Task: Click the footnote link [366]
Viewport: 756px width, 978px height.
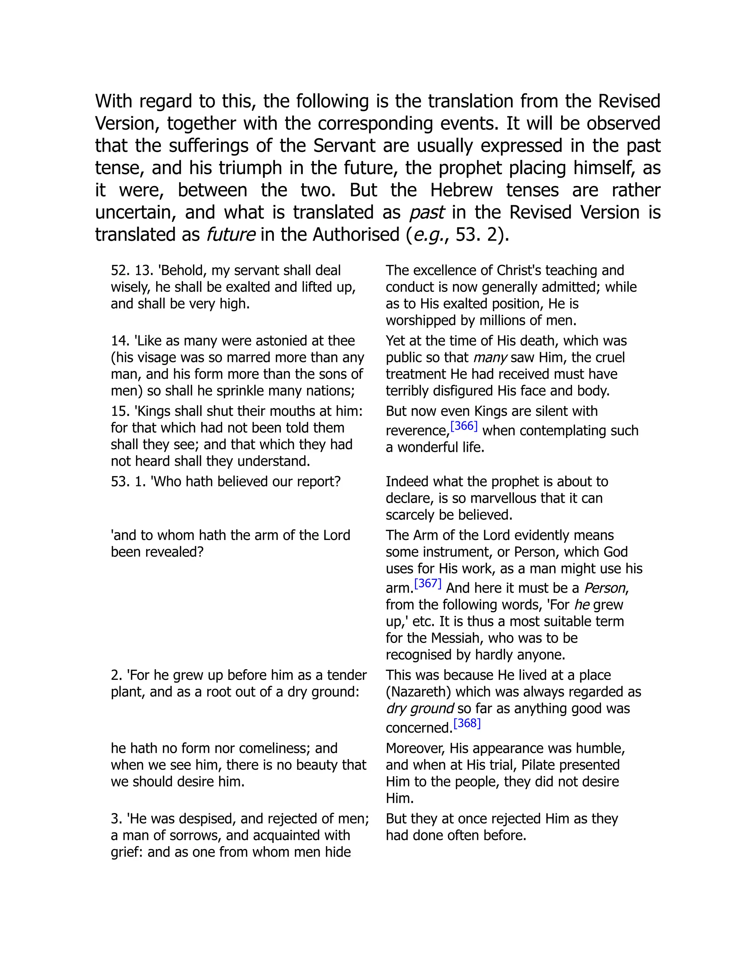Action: tap(464, 426)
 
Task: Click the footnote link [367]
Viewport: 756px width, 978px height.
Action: tap(428, 583)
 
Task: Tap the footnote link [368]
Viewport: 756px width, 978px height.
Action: tap(467, 723)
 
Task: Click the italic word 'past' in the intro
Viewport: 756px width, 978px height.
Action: tap(426, 212)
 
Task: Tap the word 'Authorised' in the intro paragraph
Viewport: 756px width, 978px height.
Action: tap(356, 235)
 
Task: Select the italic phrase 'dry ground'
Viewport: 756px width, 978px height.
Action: tap(420, 709)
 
